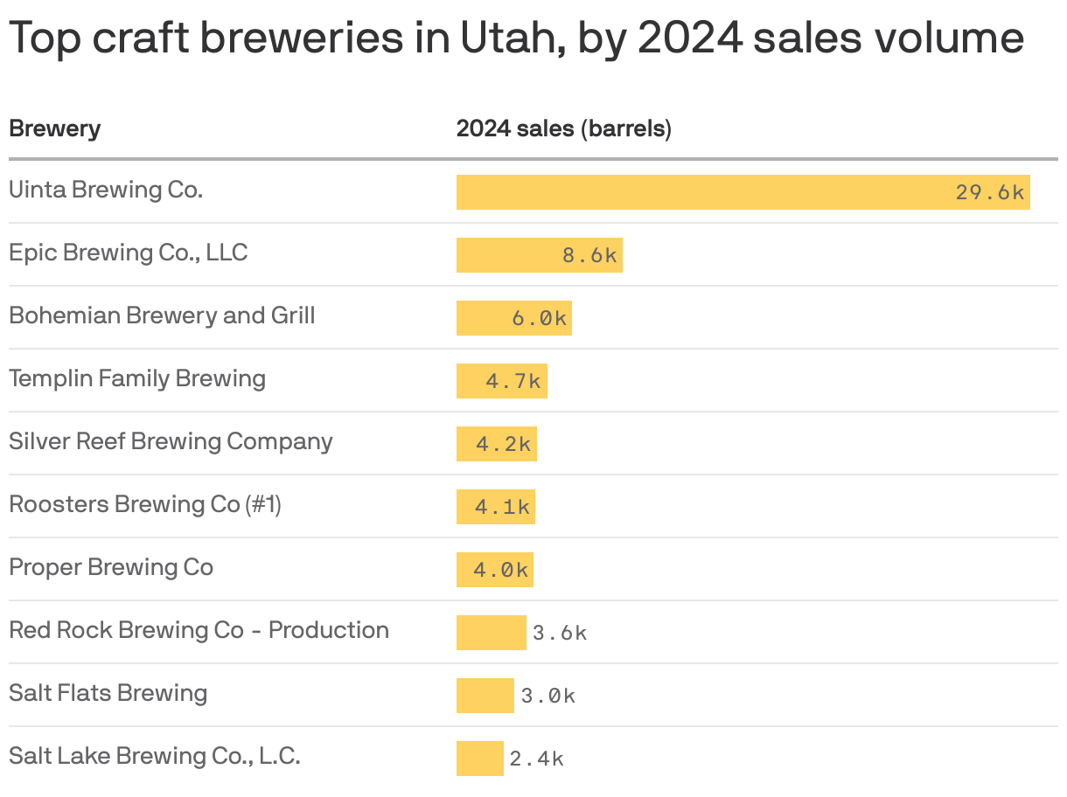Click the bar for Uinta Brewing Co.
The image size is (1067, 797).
coord(700,192)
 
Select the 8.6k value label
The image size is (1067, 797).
coord(589,255)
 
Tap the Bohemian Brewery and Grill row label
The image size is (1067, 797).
coord(162,315)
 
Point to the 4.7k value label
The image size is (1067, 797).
coord(513,381)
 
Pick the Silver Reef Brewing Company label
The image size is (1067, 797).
coord(171,441)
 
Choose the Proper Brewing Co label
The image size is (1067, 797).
coord(111,567)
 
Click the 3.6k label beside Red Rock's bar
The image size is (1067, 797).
coord(560,633)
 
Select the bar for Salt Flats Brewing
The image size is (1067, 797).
coord(485,696)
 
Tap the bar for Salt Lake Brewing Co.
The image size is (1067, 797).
coord(479,759)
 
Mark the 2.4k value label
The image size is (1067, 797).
coord(537,759)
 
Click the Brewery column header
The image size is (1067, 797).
coord(54,129)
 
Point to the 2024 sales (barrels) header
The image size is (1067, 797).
coord(563,129)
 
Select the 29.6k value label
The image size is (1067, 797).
coord(989,192)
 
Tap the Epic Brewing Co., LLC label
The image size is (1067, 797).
coord(129,253)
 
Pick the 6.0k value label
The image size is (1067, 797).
coord(540,318)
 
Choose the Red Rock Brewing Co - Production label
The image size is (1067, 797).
coord(199,630)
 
